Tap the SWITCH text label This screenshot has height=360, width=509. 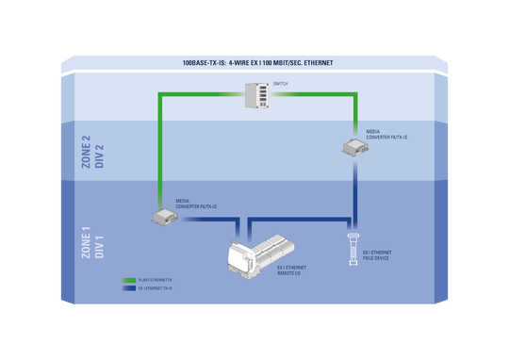[281, 84]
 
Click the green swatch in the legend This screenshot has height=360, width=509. [130, 280]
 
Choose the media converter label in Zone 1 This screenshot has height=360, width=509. [196, 203]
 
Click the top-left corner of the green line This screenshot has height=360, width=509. [159, 94]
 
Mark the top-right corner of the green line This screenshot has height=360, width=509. [356, 94]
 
